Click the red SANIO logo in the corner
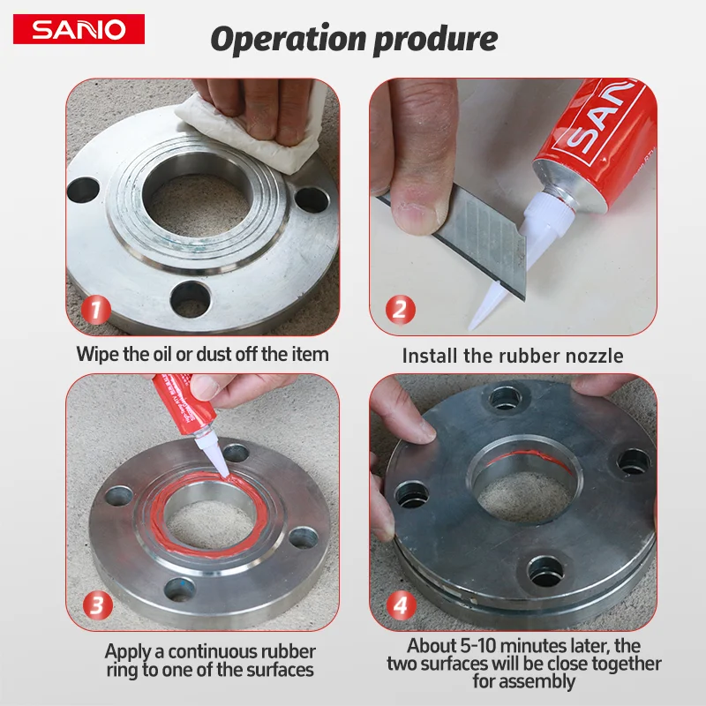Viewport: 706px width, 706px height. tap(79, 29)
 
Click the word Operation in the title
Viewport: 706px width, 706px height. tap(289, 39)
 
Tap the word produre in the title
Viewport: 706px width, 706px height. tap(435, 40)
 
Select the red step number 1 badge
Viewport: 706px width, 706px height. tap(96, 310)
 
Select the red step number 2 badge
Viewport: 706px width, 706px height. tap(400, 310)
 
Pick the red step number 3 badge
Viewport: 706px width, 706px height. tap(97, 605)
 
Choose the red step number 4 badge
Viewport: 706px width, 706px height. tap(401, 605)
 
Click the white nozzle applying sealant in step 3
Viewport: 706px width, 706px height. tap(211, 454)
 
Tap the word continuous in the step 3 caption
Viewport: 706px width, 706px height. tap(214, 652)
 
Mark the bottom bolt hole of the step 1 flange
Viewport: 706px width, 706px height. tap(191, 298)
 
